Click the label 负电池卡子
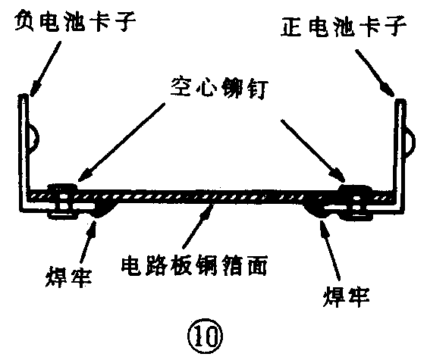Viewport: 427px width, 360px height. click(x=74, y=22)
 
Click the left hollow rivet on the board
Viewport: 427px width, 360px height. click(x=61, y=196)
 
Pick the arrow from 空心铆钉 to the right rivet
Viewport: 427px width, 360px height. click(x=307, y=148)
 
